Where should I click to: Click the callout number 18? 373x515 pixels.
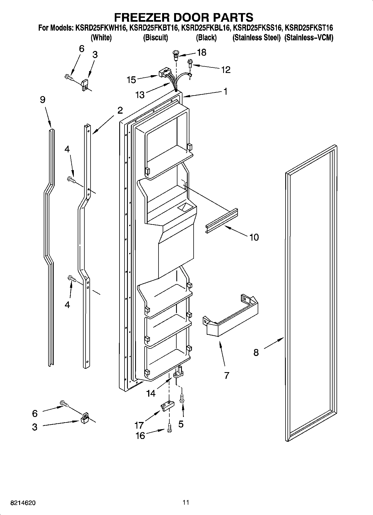tap(202, 52)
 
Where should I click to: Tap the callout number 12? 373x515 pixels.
tap(226, 70)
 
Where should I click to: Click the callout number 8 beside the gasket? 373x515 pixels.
tap(256, 353)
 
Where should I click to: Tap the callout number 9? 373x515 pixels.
tap(43, 99)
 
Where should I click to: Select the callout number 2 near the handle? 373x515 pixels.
tap(120, 111)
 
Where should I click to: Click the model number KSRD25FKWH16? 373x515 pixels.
tap(100, 28)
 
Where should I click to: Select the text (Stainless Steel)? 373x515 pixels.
tap(256, 38)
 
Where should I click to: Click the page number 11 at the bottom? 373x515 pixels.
tap(186, 502)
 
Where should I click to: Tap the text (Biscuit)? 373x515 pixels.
tap(155, 38)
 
